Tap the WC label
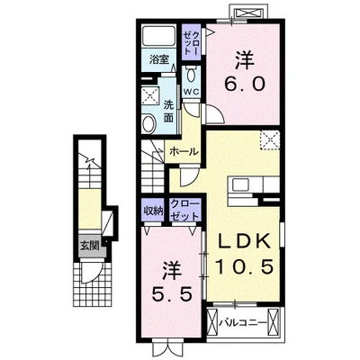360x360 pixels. click(191, 92)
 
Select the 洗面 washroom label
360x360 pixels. click(168, 112)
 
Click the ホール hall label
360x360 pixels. click(184, 152)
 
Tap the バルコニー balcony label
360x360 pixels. click(243, 323)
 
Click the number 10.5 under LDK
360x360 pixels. click(244, 266)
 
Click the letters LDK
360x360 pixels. click(244, 242)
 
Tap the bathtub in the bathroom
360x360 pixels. click(158, 36)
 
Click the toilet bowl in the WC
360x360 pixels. click(190, 76)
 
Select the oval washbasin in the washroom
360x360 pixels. click(148, 124)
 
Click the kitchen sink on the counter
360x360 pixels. click(239, 184)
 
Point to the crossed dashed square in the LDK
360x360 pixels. click(269, 140)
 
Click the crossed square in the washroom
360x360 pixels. click(149, 95)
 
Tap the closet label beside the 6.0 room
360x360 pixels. click(191, 43)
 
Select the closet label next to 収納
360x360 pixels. click(184, 211)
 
